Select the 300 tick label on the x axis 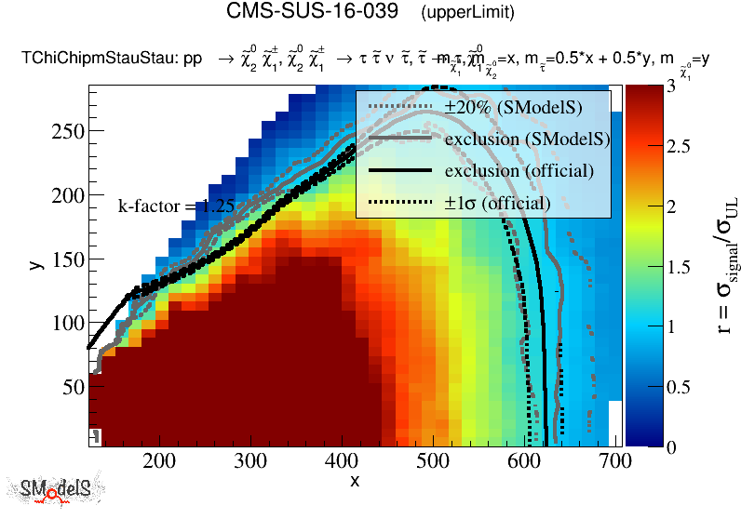pos(250,459)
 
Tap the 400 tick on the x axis pos(341,459)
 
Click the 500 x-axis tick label pos(432,459)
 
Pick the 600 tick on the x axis pos(522,459)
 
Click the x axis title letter pos(355,480)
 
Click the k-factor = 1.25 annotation pos(175,206)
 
